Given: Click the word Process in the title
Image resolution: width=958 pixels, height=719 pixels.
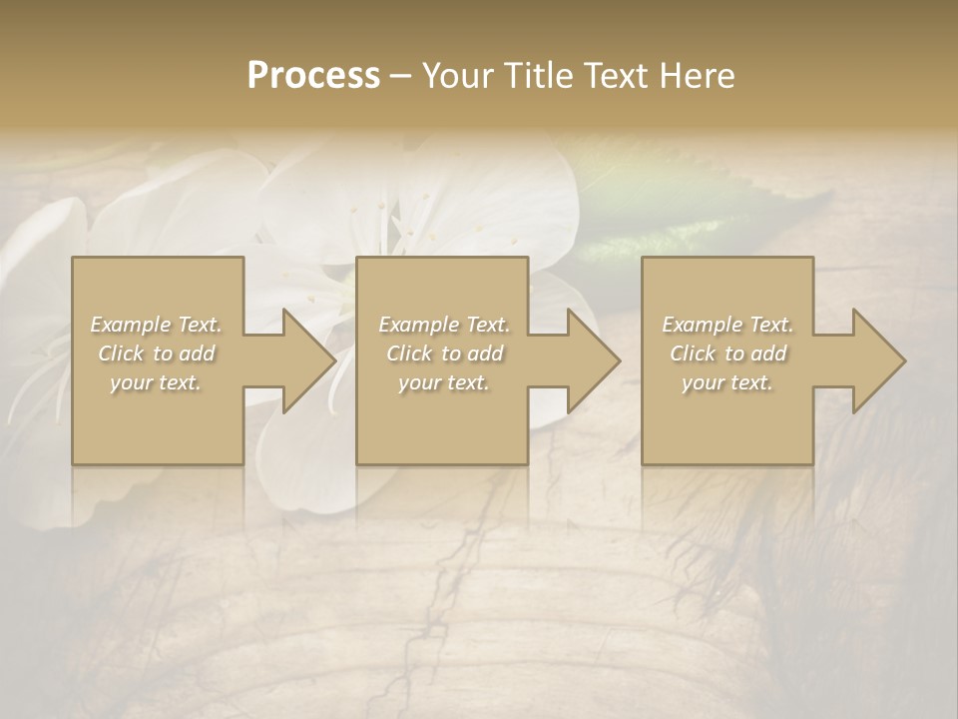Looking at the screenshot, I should click(313, 76).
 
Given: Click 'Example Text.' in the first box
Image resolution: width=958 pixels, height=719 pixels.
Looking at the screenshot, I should click(157, 325).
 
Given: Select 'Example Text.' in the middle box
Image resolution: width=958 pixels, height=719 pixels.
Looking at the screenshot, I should click(444, 325).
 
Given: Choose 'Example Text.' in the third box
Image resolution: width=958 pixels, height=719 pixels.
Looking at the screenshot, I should click(727, 325).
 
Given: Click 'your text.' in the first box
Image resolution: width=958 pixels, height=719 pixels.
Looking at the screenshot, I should click(157, 382).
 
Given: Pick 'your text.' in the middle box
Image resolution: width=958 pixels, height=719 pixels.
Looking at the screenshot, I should click(444, 382).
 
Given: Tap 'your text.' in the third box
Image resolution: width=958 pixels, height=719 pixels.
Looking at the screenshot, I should click(727, 382).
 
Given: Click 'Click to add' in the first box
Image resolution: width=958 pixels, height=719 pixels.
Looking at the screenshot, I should click(157, 354).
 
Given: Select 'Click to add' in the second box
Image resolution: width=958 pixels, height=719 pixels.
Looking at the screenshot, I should click(444, 354).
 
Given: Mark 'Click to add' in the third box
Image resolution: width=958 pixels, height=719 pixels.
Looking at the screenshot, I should click(727, 354).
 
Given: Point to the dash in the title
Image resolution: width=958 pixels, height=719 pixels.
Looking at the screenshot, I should click(400, 76).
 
